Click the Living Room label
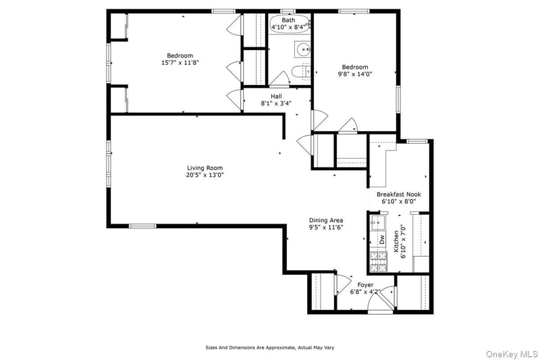point(205,168)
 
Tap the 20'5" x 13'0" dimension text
point(205,175)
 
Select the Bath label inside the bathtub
point(288,20)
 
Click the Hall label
point(276,97)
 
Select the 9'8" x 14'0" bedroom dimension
point(354,74)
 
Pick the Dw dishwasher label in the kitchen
point(381,238)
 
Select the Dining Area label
point(326,220)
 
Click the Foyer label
point(365,285)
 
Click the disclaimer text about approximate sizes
point(269,347)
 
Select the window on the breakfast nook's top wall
point(416,141)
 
